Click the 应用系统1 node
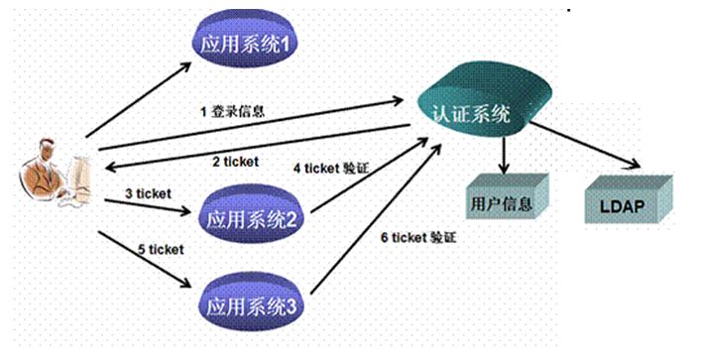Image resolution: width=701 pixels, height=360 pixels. click(244, 45)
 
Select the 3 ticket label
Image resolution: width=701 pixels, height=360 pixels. click(148, 191)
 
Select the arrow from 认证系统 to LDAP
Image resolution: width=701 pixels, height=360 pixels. click(585, 145)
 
